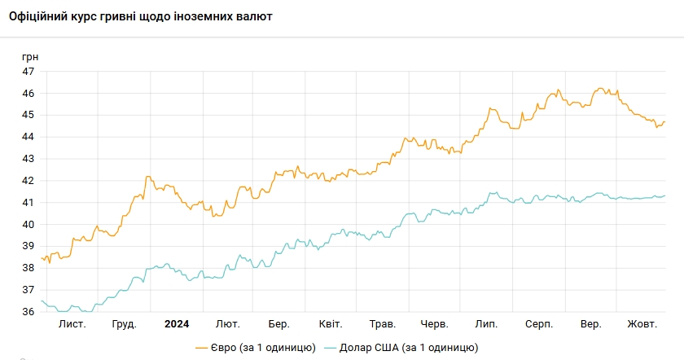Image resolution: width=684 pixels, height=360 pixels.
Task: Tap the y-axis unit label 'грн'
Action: click(29, 57)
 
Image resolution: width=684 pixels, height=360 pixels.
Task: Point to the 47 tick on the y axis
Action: click(28, 72)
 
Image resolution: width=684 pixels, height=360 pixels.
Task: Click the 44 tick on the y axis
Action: click(28, 137)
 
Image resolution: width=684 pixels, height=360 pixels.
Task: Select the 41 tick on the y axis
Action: click(28, 202)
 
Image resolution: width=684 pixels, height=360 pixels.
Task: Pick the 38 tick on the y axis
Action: click(28, 268)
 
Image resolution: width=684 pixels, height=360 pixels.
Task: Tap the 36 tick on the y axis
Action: click(28, 312)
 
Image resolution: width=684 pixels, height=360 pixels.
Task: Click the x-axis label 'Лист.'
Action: click(72, 324)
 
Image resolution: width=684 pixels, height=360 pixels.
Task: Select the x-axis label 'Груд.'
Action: click(124, 324)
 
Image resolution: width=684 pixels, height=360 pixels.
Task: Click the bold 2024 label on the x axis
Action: click(176, 324)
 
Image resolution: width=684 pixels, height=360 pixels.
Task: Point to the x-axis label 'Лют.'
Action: click(228, 324)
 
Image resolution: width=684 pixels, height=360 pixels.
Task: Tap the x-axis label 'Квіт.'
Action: click(330, 324)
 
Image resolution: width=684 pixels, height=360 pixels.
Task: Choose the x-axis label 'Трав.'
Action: click(381, 324)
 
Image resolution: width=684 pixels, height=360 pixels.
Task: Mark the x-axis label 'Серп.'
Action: click(538, 324)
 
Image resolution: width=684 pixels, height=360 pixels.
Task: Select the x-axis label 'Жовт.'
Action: click(642, 324)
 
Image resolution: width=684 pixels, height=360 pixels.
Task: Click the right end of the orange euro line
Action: click(664, 122)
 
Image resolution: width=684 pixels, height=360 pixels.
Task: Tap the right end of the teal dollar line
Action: click(664, 195)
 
